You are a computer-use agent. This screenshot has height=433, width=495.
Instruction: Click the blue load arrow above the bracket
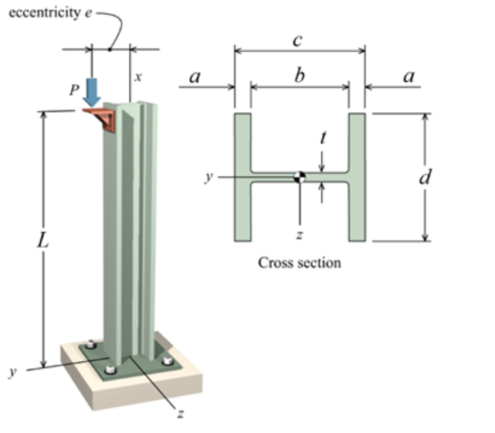[x=93, y=91]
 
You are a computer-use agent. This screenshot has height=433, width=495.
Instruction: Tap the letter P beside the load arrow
[x=73, y=89]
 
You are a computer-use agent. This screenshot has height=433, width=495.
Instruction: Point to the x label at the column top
[x=138, y=77]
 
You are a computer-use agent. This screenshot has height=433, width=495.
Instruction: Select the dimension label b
[x=300, y=74]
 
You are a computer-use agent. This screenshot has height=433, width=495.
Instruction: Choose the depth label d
[x=424, y=177]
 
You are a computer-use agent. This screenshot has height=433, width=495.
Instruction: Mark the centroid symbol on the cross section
[x=300, y=177]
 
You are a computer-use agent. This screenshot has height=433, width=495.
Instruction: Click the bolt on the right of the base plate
[x=167, y=360]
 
